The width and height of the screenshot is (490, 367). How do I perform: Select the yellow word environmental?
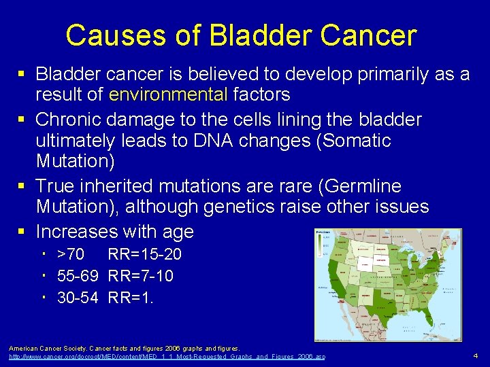pyautogui.click(x=168, y=94)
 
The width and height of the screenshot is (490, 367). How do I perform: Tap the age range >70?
pyautogui.click(x=70, y=255)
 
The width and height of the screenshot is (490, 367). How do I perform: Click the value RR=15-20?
pyautogui.click(x=144, y=255)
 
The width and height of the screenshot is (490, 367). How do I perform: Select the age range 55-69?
pyautogui.click(x=77, y=276)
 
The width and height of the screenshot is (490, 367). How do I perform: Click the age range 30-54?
pyautogui.click(x=77, y=297)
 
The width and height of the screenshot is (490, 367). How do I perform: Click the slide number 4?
pyautogui.click(x=476, y=355)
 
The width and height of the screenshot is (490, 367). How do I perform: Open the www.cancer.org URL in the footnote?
pyautogui.click(x=167, y=357)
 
